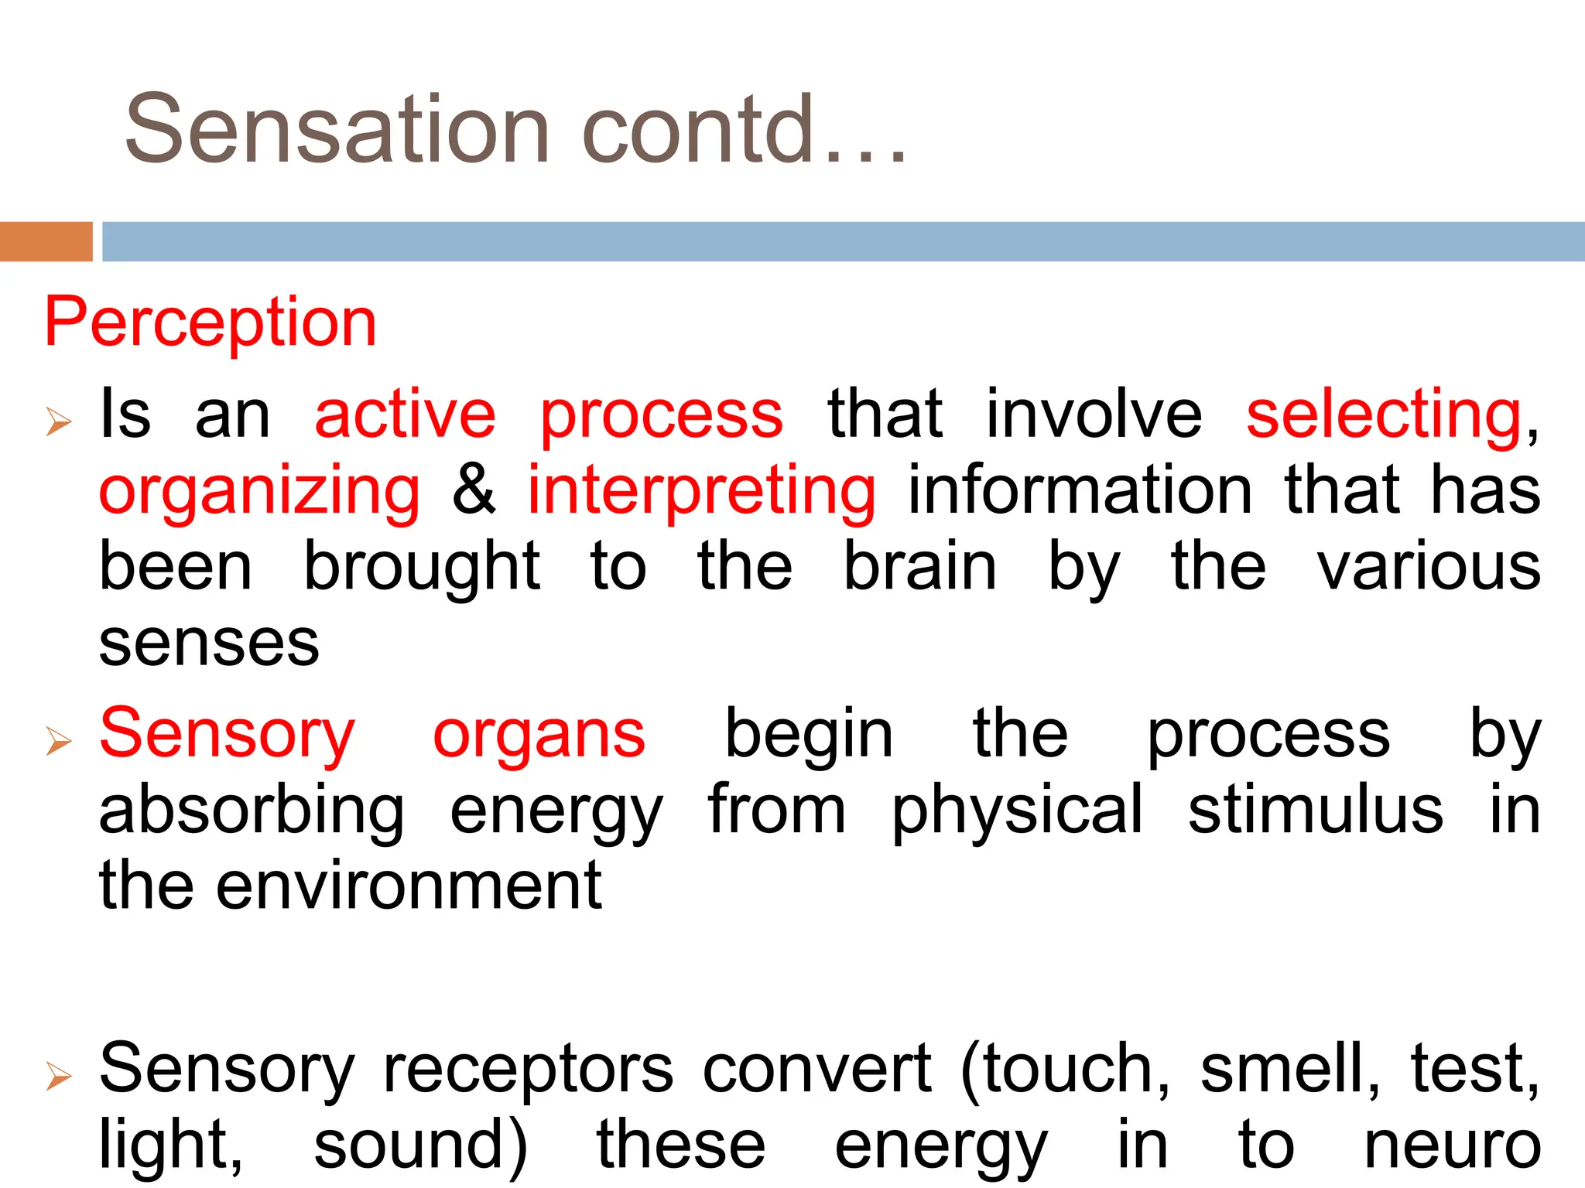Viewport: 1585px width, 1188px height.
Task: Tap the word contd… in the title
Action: [743, 129]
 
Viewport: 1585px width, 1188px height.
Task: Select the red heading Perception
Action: [211, 322]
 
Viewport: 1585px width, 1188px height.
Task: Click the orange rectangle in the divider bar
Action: [46, 241]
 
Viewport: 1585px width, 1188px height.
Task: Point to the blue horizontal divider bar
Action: [843, 241]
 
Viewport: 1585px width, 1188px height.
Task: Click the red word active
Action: [405, 415]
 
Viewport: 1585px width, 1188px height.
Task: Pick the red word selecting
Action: [1384, 415]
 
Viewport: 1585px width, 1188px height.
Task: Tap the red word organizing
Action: [259, 491]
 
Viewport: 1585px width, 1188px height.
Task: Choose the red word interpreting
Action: [701, 491]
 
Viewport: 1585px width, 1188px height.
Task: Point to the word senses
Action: [209, 643]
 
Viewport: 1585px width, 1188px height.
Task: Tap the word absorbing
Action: [252, 811]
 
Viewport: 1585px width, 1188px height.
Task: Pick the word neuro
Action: [1452, 1146]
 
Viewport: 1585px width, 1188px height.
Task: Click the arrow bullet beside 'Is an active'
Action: [59, 422]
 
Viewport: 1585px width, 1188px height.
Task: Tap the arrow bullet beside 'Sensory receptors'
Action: [59, 1076]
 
